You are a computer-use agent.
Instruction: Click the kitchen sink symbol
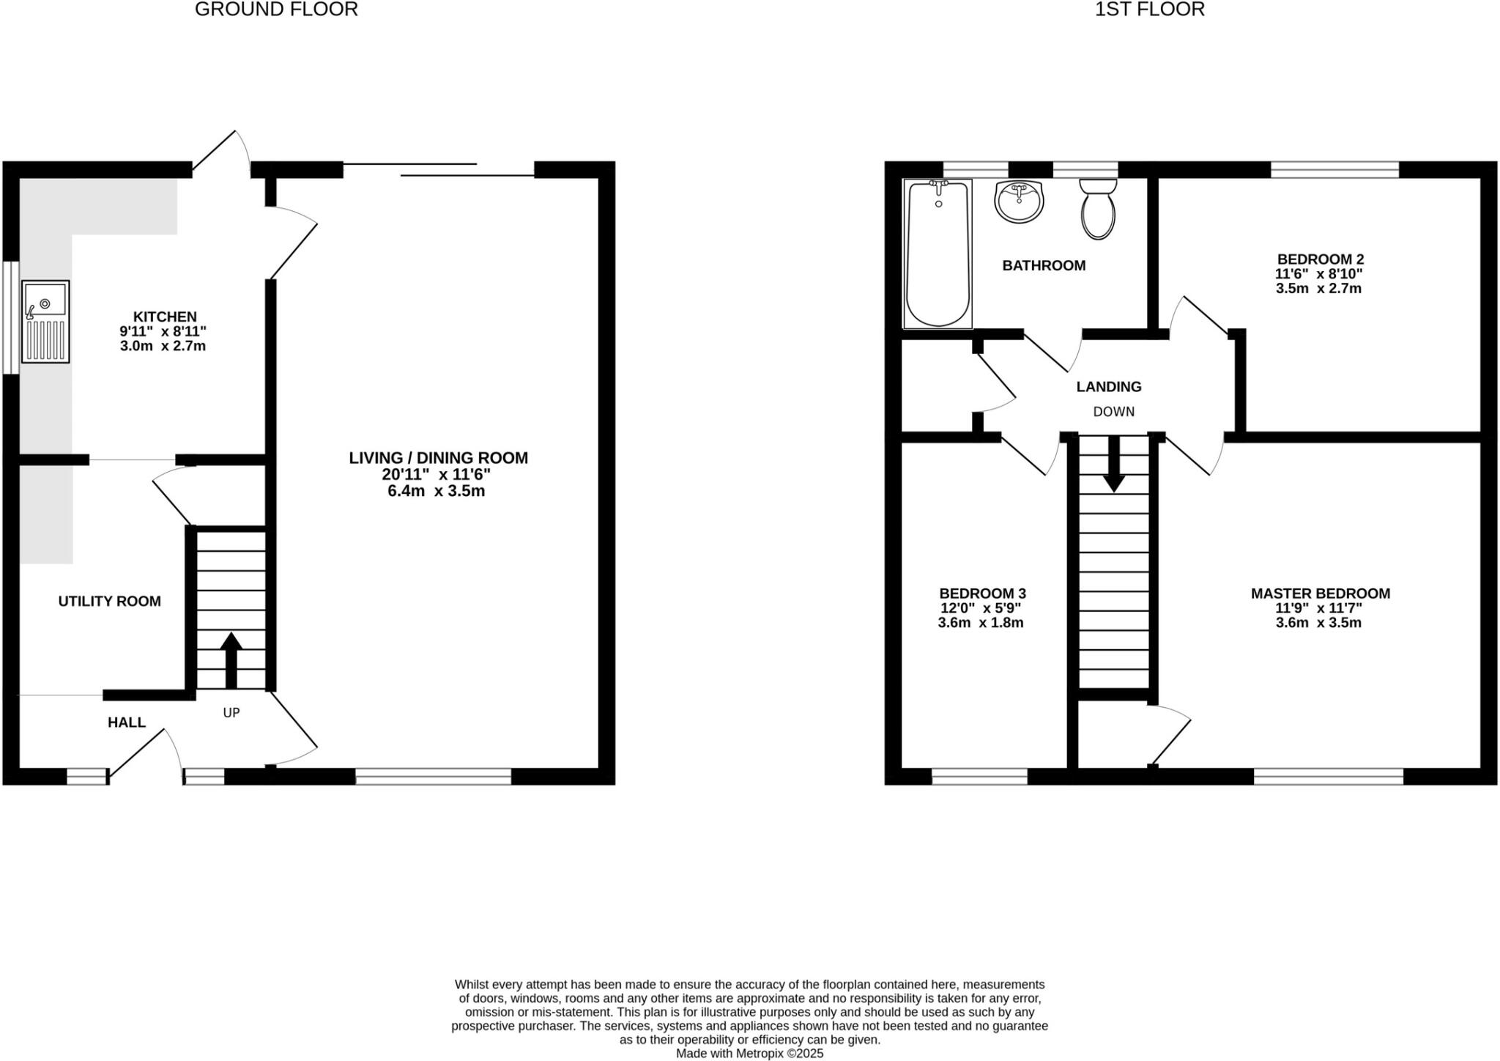[45, 321]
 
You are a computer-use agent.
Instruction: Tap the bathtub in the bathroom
[938, 254]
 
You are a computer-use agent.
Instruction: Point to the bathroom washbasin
[1019, 201]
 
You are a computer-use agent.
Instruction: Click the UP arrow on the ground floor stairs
[231, 659]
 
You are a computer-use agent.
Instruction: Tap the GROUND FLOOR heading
[276, 10]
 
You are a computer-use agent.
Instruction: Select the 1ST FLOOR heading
[1149, 10]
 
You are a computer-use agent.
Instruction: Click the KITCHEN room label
[165, 317]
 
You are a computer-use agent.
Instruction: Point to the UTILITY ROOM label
[110, 601]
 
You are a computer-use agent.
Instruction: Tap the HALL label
[127, 722]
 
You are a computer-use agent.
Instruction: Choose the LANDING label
[1109, 386]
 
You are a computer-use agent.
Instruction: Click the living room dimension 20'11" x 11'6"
[437, 474]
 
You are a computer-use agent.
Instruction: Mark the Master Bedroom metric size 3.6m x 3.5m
[1318, 623]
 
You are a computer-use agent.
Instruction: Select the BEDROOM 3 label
[982, 594]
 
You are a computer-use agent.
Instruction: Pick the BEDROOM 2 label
[1320, 259]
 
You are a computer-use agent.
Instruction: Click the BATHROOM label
[1044, 265]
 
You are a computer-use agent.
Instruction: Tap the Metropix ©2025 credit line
[749, 1054]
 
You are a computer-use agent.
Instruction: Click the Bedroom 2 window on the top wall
[1334, 170]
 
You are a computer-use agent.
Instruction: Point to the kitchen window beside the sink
[10, 318]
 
